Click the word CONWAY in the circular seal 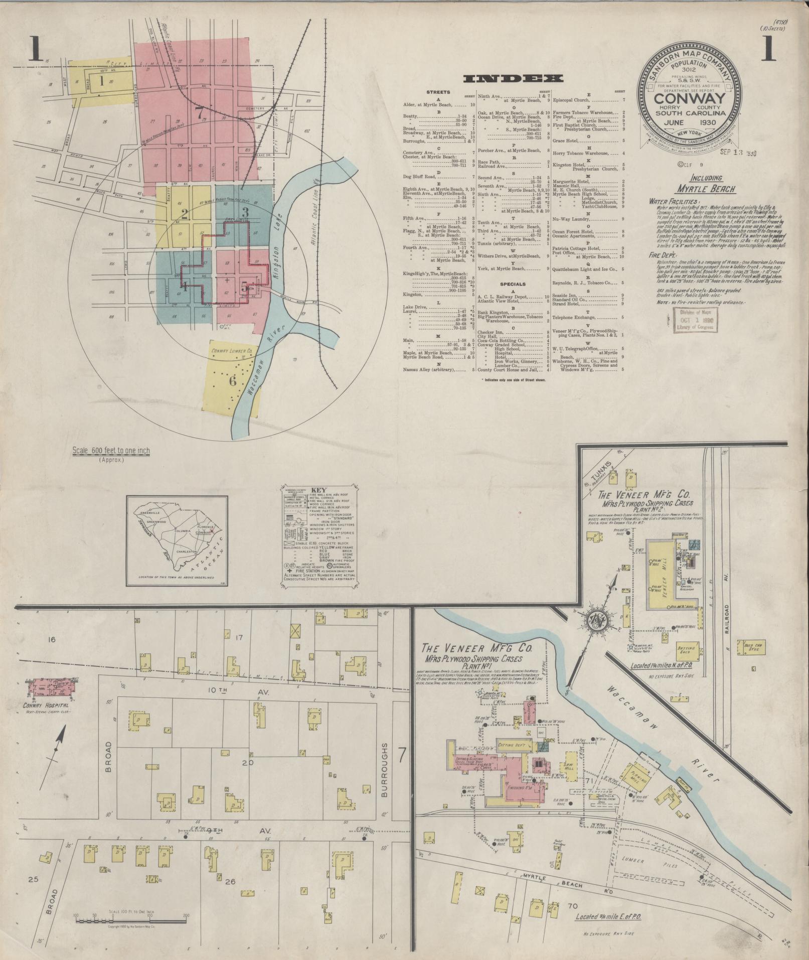690,98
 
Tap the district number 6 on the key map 232,381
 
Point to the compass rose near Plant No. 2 597,618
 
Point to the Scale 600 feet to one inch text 111,451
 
